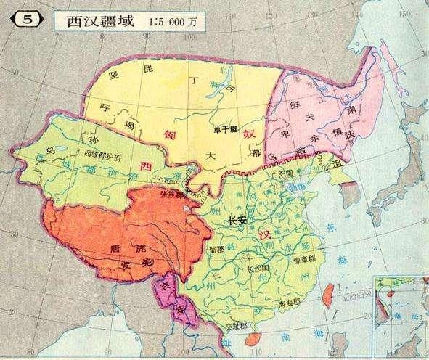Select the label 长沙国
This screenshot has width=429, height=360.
coord(259,269)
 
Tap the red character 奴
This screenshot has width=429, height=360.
coord(248,134)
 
